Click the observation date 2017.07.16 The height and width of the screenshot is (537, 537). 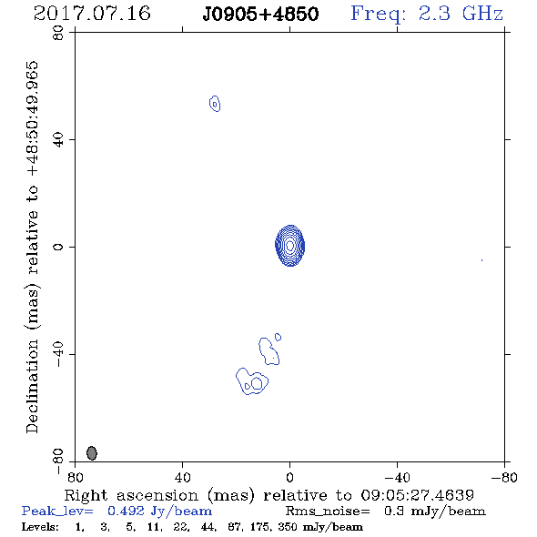(92, 14)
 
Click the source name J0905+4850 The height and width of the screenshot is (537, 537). (260, 15)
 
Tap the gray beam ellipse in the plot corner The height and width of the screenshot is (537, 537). (92, 452)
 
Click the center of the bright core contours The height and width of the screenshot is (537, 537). (290, 245)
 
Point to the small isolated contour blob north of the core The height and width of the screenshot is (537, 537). (215, 104)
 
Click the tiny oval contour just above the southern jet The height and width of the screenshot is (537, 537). (279, 337)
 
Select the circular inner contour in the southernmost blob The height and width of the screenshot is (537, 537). (257, 383)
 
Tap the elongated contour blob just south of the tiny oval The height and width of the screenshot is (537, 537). (268, 351)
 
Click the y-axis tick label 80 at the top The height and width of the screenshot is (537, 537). (58, 33)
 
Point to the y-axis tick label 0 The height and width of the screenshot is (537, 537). (58, 247)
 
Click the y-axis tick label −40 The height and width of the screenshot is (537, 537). (58, 354)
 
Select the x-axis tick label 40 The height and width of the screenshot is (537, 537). (182, 478)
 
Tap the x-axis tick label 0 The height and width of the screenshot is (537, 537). (289, 478)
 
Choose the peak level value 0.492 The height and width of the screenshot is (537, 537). (126, 511)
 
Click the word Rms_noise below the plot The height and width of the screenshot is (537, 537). (327, 512)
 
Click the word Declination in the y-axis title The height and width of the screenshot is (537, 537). (32, 386)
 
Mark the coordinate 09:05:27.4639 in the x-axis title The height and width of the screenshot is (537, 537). (417, 495)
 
